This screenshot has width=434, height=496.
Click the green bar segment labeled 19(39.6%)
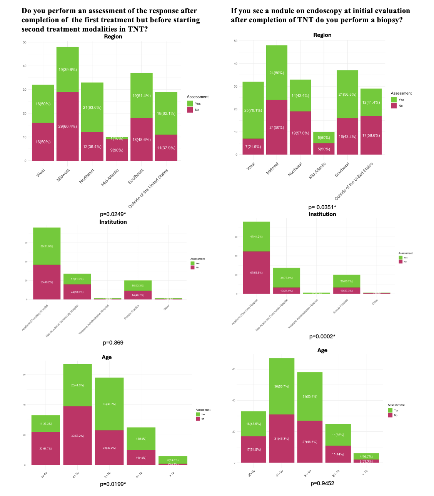coord(67,69)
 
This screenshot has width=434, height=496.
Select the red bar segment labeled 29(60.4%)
coord(67,126)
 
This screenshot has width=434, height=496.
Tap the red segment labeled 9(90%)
coord(117,150)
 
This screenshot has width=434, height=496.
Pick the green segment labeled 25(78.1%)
coord(253,110)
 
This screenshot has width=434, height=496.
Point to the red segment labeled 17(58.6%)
coord(371,135)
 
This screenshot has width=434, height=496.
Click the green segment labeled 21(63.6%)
coord(92,107)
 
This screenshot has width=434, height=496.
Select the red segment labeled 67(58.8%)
coord(256,273)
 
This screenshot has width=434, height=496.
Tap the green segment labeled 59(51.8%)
coord(47,246)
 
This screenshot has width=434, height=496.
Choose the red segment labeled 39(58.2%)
coord(77,436)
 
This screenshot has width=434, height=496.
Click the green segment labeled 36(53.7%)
coord(281,386)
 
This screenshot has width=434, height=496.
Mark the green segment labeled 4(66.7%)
coord(366,456)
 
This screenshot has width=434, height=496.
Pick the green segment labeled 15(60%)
coord(141,439)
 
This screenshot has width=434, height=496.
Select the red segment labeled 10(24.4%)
coord(286,291)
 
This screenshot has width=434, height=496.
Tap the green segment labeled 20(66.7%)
coord(346,281)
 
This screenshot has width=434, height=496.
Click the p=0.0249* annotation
coord(113,214)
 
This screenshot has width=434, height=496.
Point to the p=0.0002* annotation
coord(322,336)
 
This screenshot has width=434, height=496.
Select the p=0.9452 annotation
coord(322,483)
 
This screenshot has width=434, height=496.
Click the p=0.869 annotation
coord(113,343)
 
